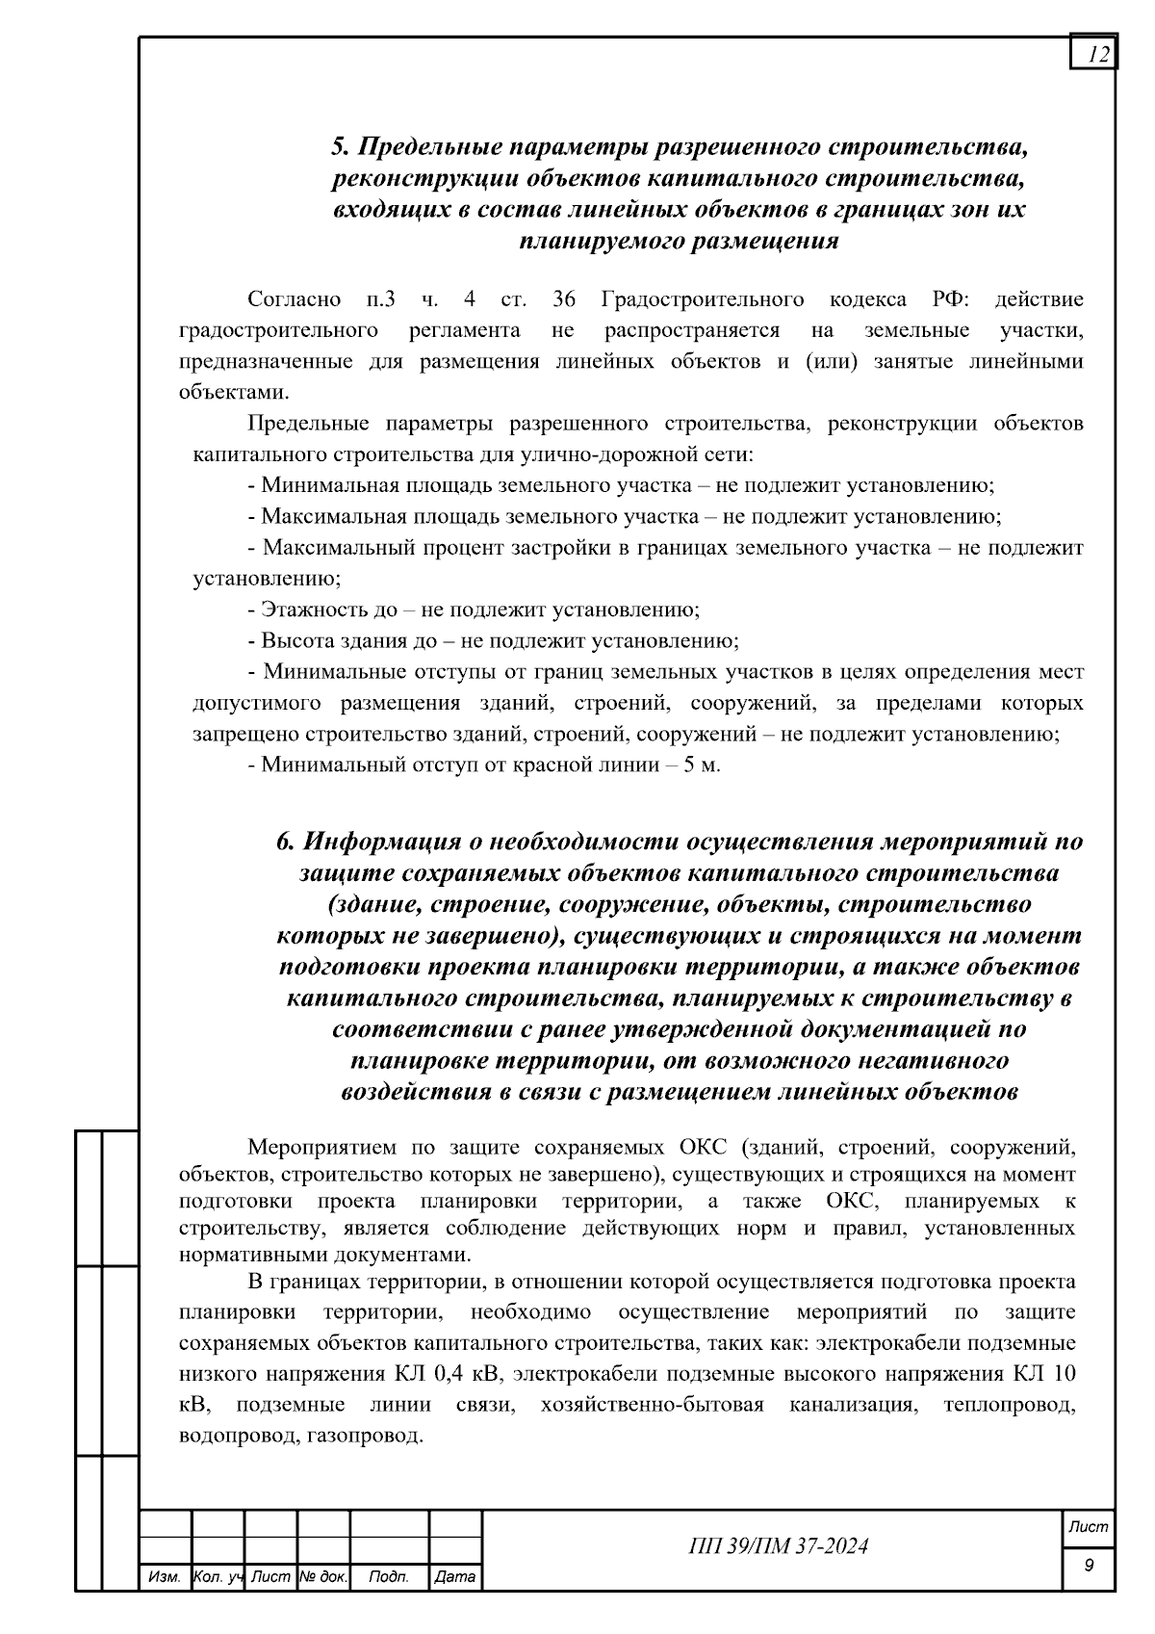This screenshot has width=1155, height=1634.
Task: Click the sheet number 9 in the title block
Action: click(x=1089, y=1566)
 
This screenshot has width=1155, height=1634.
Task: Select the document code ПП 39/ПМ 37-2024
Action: click(x=779, y=1546)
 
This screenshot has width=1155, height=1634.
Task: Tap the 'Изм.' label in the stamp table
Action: click(x=165, y=1577)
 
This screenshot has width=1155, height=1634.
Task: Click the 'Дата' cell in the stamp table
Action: click(x=454, y=1577)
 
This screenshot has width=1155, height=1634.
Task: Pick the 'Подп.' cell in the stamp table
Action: click(x=389, y=1577)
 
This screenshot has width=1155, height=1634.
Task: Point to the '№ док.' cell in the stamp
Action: click(x=322, y=1577)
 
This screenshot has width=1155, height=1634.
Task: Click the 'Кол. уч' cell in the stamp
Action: click(x=218, y=1577)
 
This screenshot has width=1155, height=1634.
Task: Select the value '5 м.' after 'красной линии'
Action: click(x=702, y=765)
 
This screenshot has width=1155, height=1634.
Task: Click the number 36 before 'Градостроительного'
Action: click(x=564, y=299)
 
